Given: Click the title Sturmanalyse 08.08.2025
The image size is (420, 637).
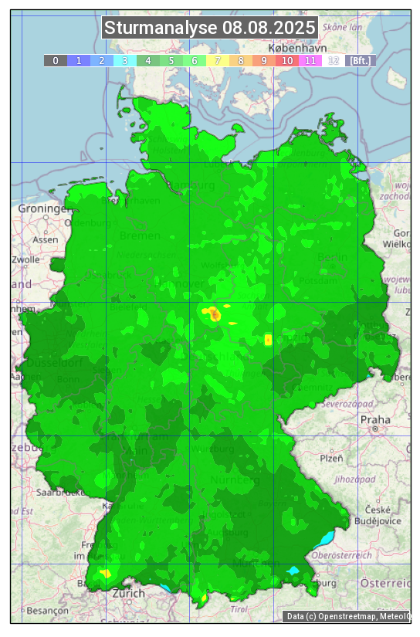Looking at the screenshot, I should (x=210, y=28).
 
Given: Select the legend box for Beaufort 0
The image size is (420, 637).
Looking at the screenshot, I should (x=56, y=60).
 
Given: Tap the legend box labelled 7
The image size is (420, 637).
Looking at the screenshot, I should (x=218, y=60).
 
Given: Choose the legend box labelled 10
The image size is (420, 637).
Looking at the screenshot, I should (x=287, y=60).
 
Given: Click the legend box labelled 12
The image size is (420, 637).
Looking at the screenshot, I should (x=334, y=60).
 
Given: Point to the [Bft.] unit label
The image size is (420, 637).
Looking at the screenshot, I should (x=360, y=60).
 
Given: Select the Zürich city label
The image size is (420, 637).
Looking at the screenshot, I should (x=128, y=593).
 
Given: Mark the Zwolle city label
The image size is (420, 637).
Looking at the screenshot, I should (x=25, y=259).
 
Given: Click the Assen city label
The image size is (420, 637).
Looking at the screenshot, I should (x=46, y=239).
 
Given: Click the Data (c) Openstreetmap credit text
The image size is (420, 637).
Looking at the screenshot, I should (x=348, y=616).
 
